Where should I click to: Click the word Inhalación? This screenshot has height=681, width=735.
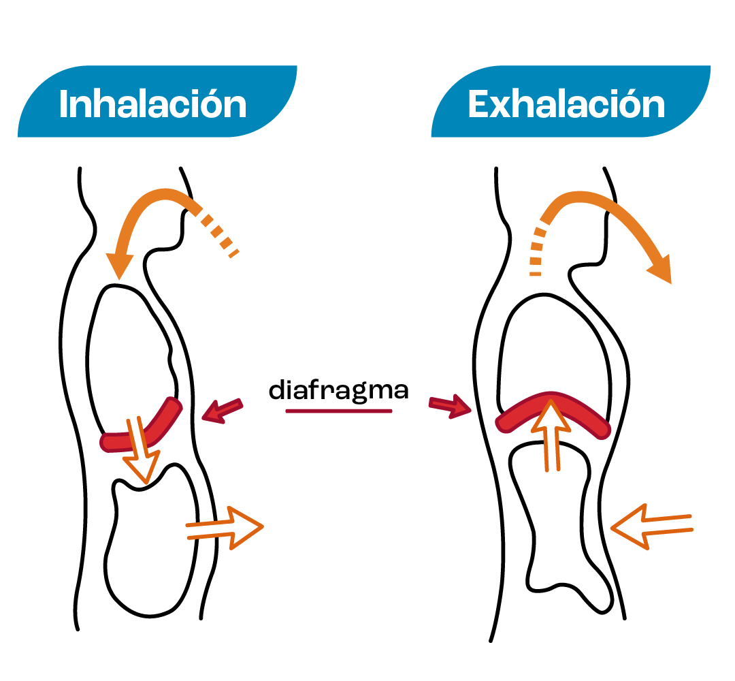(x=152, y=104)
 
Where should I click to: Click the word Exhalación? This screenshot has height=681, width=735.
(x=566, y=104)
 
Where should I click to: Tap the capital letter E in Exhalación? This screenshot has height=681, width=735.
(x=479, y=104)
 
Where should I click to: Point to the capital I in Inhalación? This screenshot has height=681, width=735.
(x=63, y=104)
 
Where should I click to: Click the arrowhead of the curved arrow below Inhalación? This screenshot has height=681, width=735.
(x=119, y=266)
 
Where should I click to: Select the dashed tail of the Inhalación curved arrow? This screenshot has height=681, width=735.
(x=220, y=235)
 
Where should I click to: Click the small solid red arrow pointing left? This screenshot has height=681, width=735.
(x=222, y=411)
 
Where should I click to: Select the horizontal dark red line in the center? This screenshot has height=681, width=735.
(x=339, y=411)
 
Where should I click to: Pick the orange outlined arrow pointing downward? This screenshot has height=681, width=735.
(x=140, y=453)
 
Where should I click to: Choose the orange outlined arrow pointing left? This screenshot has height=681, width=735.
(x=650, y=526)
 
